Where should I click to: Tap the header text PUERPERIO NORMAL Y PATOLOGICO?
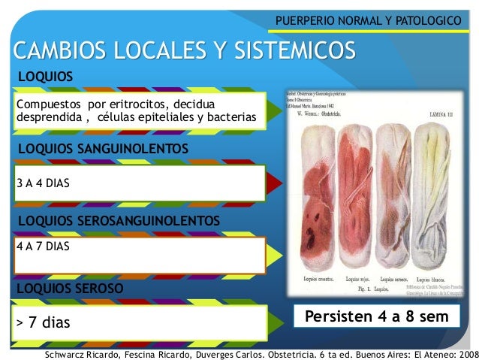tap(367, 17)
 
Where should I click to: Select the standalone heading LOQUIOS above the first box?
tap(45, 77)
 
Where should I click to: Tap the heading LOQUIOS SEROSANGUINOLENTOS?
tap(118, 220)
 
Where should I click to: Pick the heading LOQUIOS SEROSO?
tap(70, 288)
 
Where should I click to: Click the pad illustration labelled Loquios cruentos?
tap(314, 195)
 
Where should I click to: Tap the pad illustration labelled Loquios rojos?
tap(357, 195)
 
